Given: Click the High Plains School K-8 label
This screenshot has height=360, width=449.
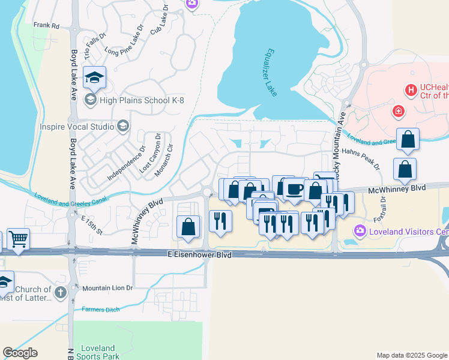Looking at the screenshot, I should tap(142, 100).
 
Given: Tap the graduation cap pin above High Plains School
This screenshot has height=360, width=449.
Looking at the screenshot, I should tap(94, 77).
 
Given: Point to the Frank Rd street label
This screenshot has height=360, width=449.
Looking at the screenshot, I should tap(46, 25).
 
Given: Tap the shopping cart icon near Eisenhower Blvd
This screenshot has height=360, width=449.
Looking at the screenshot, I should tap(18, 239).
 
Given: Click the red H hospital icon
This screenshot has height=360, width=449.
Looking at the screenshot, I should tap(411, 91).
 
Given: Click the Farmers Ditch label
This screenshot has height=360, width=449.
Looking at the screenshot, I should tap(100, 310).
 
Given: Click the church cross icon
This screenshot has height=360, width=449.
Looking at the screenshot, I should tap(59, 293).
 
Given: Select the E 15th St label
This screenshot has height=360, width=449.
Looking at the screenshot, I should tap(92, 223).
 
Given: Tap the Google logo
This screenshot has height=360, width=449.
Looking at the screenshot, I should tap(20, 353).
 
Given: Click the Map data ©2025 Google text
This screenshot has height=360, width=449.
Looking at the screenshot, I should tap(412, 355).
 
